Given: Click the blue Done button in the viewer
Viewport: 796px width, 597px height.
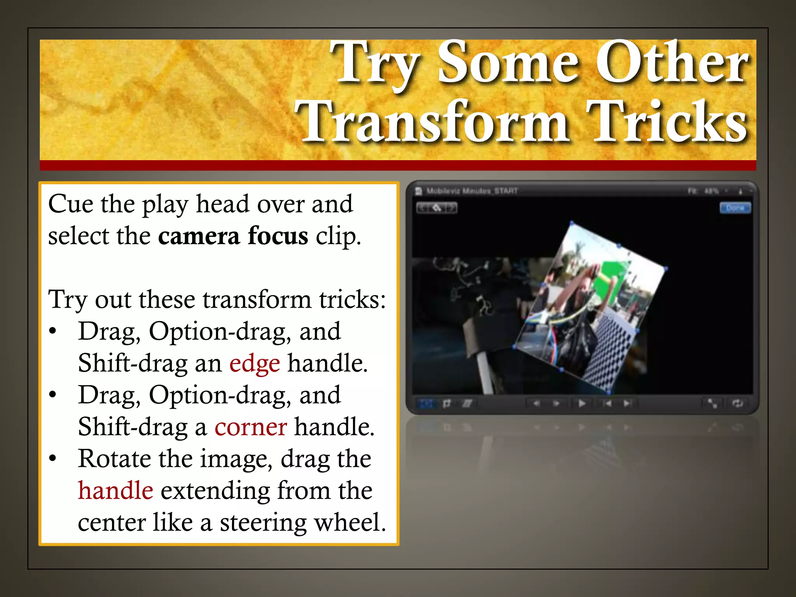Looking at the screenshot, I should (x=735, y=208).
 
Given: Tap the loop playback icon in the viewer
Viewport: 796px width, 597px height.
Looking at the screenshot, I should (x=737, y=403).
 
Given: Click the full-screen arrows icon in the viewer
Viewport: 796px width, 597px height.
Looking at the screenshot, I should (x=712, y=403).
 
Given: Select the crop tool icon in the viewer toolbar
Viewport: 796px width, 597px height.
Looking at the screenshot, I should (x=447, y=403).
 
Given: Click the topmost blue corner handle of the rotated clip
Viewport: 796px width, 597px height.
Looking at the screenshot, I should (x=572, y=223).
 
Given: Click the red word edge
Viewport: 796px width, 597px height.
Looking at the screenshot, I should (x=254, y=364).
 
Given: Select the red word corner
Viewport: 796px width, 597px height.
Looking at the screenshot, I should (x=251, y=427).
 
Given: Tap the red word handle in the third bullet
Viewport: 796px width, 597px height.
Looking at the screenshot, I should (x=115, y=491).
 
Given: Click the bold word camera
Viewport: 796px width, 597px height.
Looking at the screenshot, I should (x=199, y=236).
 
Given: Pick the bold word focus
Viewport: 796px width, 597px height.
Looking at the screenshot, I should (x=278, y=236).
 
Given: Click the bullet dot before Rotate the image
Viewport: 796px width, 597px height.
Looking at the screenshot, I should (x=53, y=459).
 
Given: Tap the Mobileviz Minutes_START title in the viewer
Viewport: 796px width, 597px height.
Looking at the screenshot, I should (x=472, y=191).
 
